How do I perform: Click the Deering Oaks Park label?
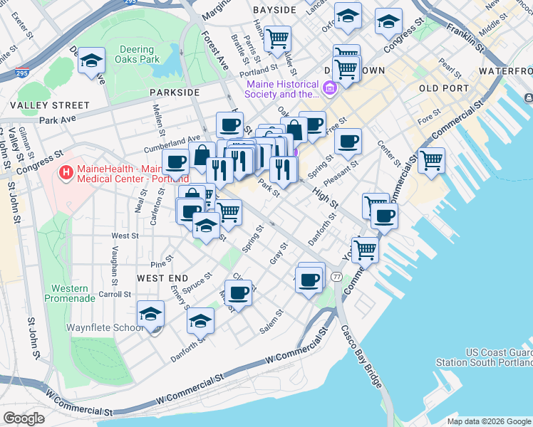pyautogui.click(x=136, y=55)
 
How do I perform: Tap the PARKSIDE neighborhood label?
pyautogui.click(x=175, y=93)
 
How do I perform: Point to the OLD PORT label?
pyautogui.click(x=444, y=88)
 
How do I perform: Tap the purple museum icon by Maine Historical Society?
pyautogui.click(x=329, y=88)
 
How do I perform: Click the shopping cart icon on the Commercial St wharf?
pyautogui.click(x=431, y=160)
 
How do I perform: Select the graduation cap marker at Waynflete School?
pyautogui.click(x=151, y=313)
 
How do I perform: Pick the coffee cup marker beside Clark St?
pyautogui.click(x=239, y=290)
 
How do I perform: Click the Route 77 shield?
pyautogui.click(x=336, y=276)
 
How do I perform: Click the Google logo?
pyautogui.click(x=24, y=418)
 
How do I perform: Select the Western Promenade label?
pyautogui.click(x=70, y=293)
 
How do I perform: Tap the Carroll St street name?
pyautogui.click(x=115, y=294)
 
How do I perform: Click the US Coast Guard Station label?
pyautogui.click(x=498, y=358)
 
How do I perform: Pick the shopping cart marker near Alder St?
pyautogui.click(x=276, y=38)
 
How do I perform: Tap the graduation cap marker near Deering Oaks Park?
pyautogui.click(x=92, y=60)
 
